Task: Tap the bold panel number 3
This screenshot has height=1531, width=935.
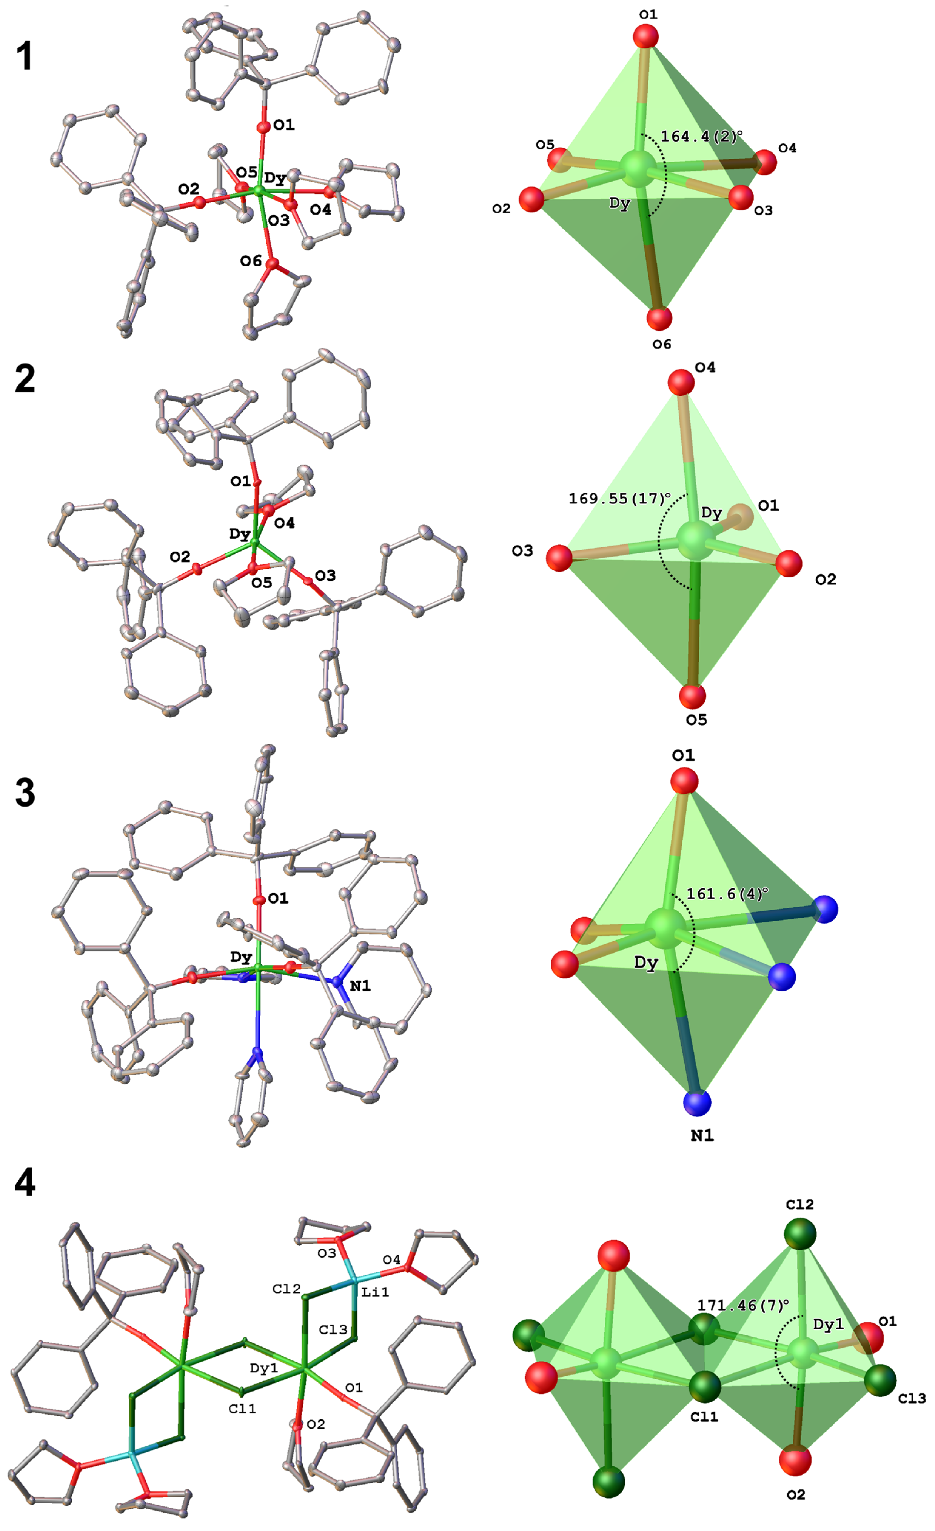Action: [x=25, y=794]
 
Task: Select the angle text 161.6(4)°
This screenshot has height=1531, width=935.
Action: [x=727, y=894]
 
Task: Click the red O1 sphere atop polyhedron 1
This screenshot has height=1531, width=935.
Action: [x=646, y=37]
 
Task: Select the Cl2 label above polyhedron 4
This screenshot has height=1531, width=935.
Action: [x=799, y=1204]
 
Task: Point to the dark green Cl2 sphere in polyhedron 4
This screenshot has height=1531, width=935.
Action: [x=799, y=1233]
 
